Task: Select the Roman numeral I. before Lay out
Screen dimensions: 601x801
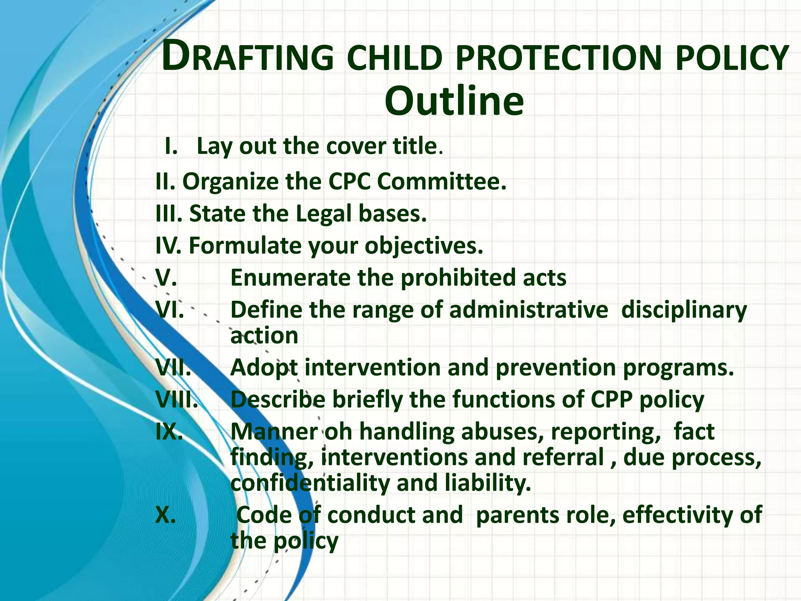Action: [171, 146]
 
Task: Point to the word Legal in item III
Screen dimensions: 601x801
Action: [324, 214]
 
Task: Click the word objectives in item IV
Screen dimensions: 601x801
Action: [424, 246]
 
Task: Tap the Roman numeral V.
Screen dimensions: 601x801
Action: [166, 278]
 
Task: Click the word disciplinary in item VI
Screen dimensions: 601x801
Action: [684, 310]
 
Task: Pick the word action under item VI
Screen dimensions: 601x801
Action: [264, 336]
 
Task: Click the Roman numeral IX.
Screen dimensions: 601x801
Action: [169, 432]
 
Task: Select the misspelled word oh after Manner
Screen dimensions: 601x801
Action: [339, 432]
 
